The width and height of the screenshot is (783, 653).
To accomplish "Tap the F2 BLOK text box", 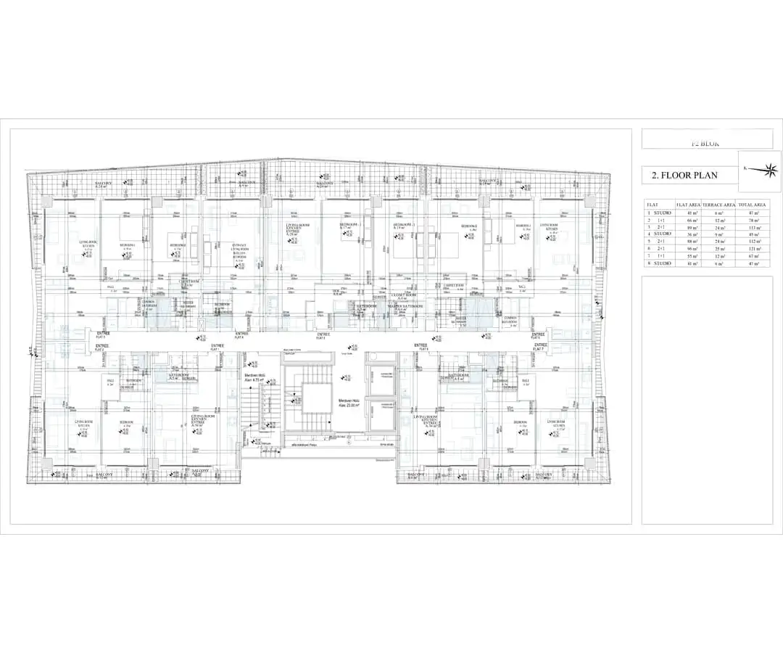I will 707,143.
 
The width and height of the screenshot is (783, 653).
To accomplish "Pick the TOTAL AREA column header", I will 752,205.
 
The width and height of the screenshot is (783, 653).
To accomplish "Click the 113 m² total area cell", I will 752,226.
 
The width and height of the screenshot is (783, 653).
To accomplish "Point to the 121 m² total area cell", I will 752,249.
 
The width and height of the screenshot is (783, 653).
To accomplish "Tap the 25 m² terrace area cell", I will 720,249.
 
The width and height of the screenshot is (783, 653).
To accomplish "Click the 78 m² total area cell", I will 752,219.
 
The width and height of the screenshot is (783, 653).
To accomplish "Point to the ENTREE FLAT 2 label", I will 101,348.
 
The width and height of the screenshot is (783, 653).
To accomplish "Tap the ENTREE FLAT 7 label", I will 537,348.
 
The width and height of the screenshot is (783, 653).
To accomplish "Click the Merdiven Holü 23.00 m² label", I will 349,403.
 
